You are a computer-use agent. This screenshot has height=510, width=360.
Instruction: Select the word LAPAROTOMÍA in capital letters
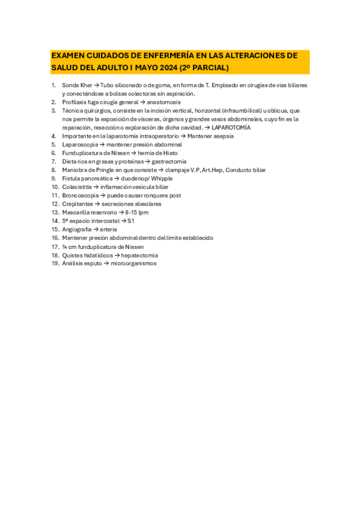point(231,127)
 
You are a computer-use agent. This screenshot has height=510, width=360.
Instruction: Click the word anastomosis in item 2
point(163,102)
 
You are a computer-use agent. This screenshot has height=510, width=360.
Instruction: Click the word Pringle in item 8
point(104,170)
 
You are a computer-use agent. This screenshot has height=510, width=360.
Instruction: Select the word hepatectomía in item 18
point(141,255)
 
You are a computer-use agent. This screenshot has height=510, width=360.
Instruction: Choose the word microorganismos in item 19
point(133,263)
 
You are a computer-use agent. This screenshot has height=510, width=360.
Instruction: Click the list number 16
point(55,238)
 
